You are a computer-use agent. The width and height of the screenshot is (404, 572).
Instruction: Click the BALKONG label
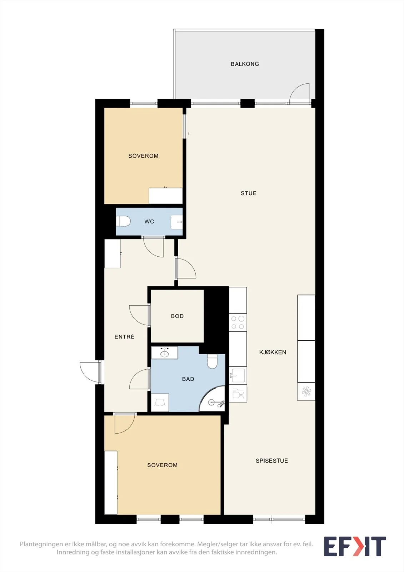pos(245,64)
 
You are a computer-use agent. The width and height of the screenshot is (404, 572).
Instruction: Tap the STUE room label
pos(248,193)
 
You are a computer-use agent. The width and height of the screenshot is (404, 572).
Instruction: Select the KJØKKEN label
pos(273,352)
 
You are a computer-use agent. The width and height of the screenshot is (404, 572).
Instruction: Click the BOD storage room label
pos(177,316)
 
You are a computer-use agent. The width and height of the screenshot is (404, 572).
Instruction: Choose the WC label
pos(149,221)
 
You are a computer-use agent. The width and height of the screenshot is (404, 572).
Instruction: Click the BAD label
pos(188,379)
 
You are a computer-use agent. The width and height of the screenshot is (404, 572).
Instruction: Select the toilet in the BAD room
pos(212,361)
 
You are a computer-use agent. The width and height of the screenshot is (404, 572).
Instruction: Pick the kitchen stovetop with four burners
pos(238,322)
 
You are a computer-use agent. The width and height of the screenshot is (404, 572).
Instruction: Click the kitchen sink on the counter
pos(238,375)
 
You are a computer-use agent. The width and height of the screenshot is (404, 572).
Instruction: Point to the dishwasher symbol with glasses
pos(238,394)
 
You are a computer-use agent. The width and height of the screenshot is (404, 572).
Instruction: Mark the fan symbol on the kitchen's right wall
pos(306,391)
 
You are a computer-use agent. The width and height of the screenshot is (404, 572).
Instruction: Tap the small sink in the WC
pos(176,222)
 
